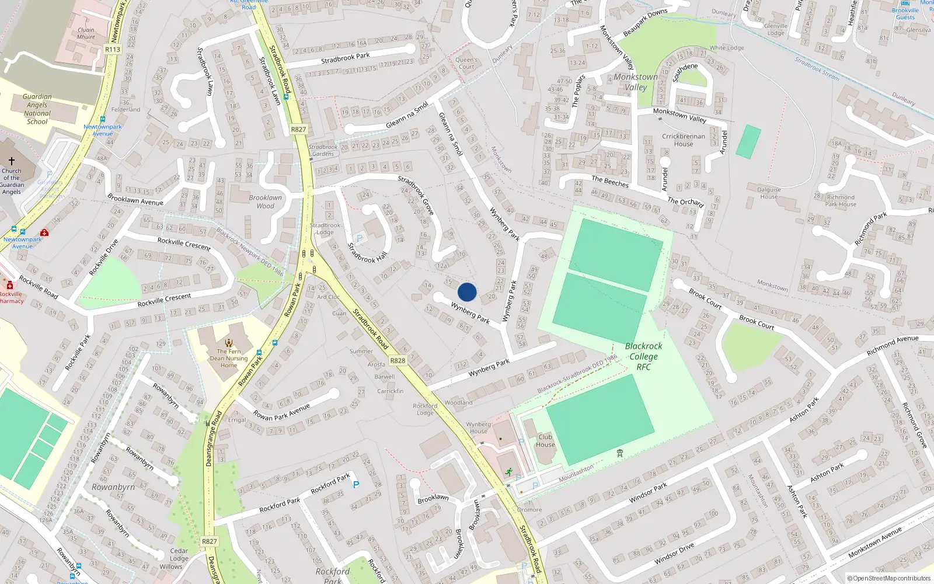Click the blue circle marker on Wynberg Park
click(x=467, y=292)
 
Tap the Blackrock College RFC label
click(x=643, y=356)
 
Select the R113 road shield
click(x=113, y=50)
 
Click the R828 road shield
click(x=398, y=361)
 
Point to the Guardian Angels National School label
click(x=37, y=109)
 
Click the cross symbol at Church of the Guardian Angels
click(x=12, y=161)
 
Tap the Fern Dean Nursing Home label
click(x=229, y=358)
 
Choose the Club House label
click(x=545, y=440)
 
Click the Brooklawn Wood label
click(x=265, y=201)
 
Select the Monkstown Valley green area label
click(x=636, y=82)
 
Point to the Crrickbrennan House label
click(x=684, y=140)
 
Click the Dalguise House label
click(x=769, y=193)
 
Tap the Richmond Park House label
click(x=841, y=201)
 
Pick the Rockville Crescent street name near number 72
click(x=184, y=243)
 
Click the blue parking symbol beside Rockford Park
click(x=356, y=485)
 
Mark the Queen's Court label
click(x=466, y=63)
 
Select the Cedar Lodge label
click(x=179, y=554)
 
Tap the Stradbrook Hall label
click(x=367, y=253)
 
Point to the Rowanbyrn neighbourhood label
click(x=113, y=487)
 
